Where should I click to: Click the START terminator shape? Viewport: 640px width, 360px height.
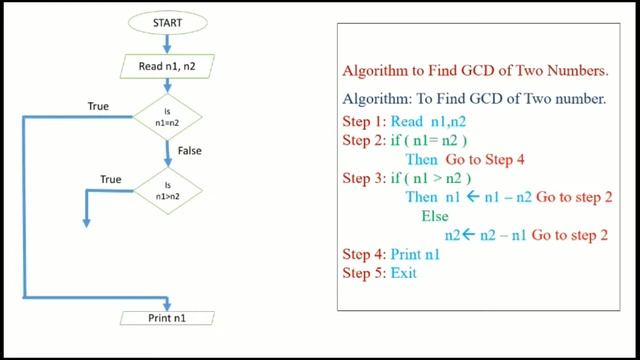tap(167, 20)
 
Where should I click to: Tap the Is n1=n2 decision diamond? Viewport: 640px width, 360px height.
tap(167, 116)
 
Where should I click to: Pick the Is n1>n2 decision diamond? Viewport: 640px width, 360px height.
tap(167, 188)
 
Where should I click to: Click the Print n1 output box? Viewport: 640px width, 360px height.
tap(167, 318)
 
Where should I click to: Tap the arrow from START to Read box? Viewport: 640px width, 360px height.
tap(167, 42)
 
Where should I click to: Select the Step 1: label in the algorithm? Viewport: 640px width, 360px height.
tap(365, 121)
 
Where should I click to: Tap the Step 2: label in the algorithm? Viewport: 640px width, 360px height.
tap(365, 140)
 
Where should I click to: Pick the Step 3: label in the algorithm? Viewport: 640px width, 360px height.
tap(365, 178)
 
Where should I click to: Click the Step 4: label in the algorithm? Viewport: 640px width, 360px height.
tap(365, 254)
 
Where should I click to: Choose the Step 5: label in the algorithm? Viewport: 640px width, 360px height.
tap(365, 272)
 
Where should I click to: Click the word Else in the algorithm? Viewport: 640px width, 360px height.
tap(435, 216)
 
